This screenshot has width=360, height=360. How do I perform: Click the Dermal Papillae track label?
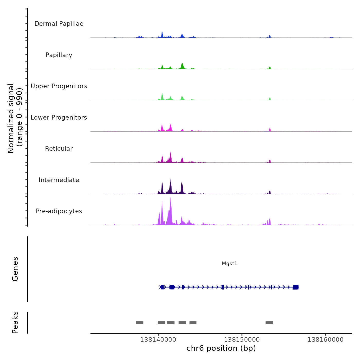coord(59,24)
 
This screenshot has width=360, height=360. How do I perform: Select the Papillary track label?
coord(59,55)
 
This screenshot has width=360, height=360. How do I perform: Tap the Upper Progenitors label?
coord(59,86)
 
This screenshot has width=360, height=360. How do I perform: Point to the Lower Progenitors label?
coord(59,118)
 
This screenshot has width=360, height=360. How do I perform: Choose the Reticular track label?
coord(59,149)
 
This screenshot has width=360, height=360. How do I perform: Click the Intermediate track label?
coord(59,180)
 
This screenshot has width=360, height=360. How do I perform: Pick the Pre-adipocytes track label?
coord(59,211)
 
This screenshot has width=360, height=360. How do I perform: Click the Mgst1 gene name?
coord(230,263)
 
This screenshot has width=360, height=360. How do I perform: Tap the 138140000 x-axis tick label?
coord(158,340)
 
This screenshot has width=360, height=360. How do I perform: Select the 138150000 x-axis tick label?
coord(242,340)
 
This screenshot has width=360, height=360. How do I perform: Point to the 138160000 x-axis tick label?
coord(326,340)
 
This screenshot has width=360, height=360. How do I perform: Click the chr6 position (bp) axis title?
coord(221,348)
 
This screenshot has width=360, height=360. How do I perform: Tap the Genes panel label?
coord(15,269)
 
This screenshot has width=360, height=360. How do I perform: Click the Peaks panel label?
coord(15,322)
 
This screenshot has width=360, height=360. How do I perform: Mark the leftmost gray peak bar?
coord(140,323)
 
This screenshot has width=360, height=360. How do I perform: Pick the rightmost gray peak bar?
coord(269,323)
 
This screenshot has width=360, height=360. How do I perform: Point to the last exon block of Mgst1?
coord(296,287)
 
